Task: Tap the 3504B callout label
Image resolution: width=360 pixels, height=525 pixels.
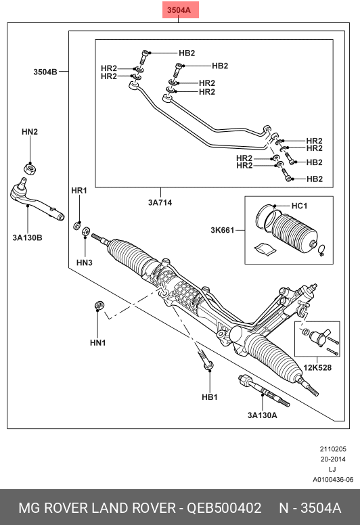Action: pyautogui.click(x=45, y=72)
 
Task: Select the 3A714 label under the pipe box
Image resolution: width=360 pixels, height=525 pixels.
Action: pyautogui.click(x=160, y=202)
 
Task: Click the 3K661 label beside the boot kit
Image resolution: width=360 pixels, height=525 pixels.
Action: pyautogui.click(x=223, y=230)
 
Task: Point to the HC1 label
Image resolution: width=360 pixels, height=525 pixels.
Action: pyautogui.click(x=299, y=206)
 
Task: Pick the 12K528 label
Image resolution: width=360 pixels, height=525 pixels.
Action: pyautogui.click(x=317, y=367)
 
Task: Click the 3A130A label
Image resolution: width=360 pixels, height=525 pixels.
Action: pyautogui.click(x=262, y=415)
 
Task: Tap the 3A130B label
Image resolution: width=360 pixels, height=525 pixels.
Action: pyautogui.click(x=28, y=237)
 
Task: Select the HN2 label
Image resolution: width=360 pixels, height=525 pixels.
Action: pyautogui.click(x=30, y=132)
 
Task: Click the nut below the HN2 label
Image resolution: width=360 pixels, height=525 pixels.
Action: pyautogui.click(x=30, y=166)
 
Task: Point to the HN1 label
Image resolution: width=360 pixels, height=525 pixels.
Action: pyautogui.click(x=98, y=343)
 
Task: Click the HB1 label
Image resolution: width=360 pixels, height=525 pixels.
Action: pyautogui.click(x=210, y=397)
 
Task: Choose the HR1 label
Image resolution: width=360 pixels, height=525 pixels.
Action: pyautogui.click(x=79, y=191)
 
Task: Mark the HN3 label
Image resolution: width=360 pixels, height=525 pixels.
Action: pyautogui.click(x=85, y=262)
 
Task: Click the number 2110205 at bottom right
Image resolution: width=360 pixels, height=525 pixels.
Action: pyautogui.click(x=333, y=449)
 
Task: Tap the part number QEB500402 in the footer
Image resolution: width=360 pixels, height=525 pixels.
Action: pyautogui.click(x=224, y=508)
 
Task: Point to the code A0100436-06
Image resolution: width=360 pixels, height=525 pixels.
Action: pyautogui.click(x=333, y=480)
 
